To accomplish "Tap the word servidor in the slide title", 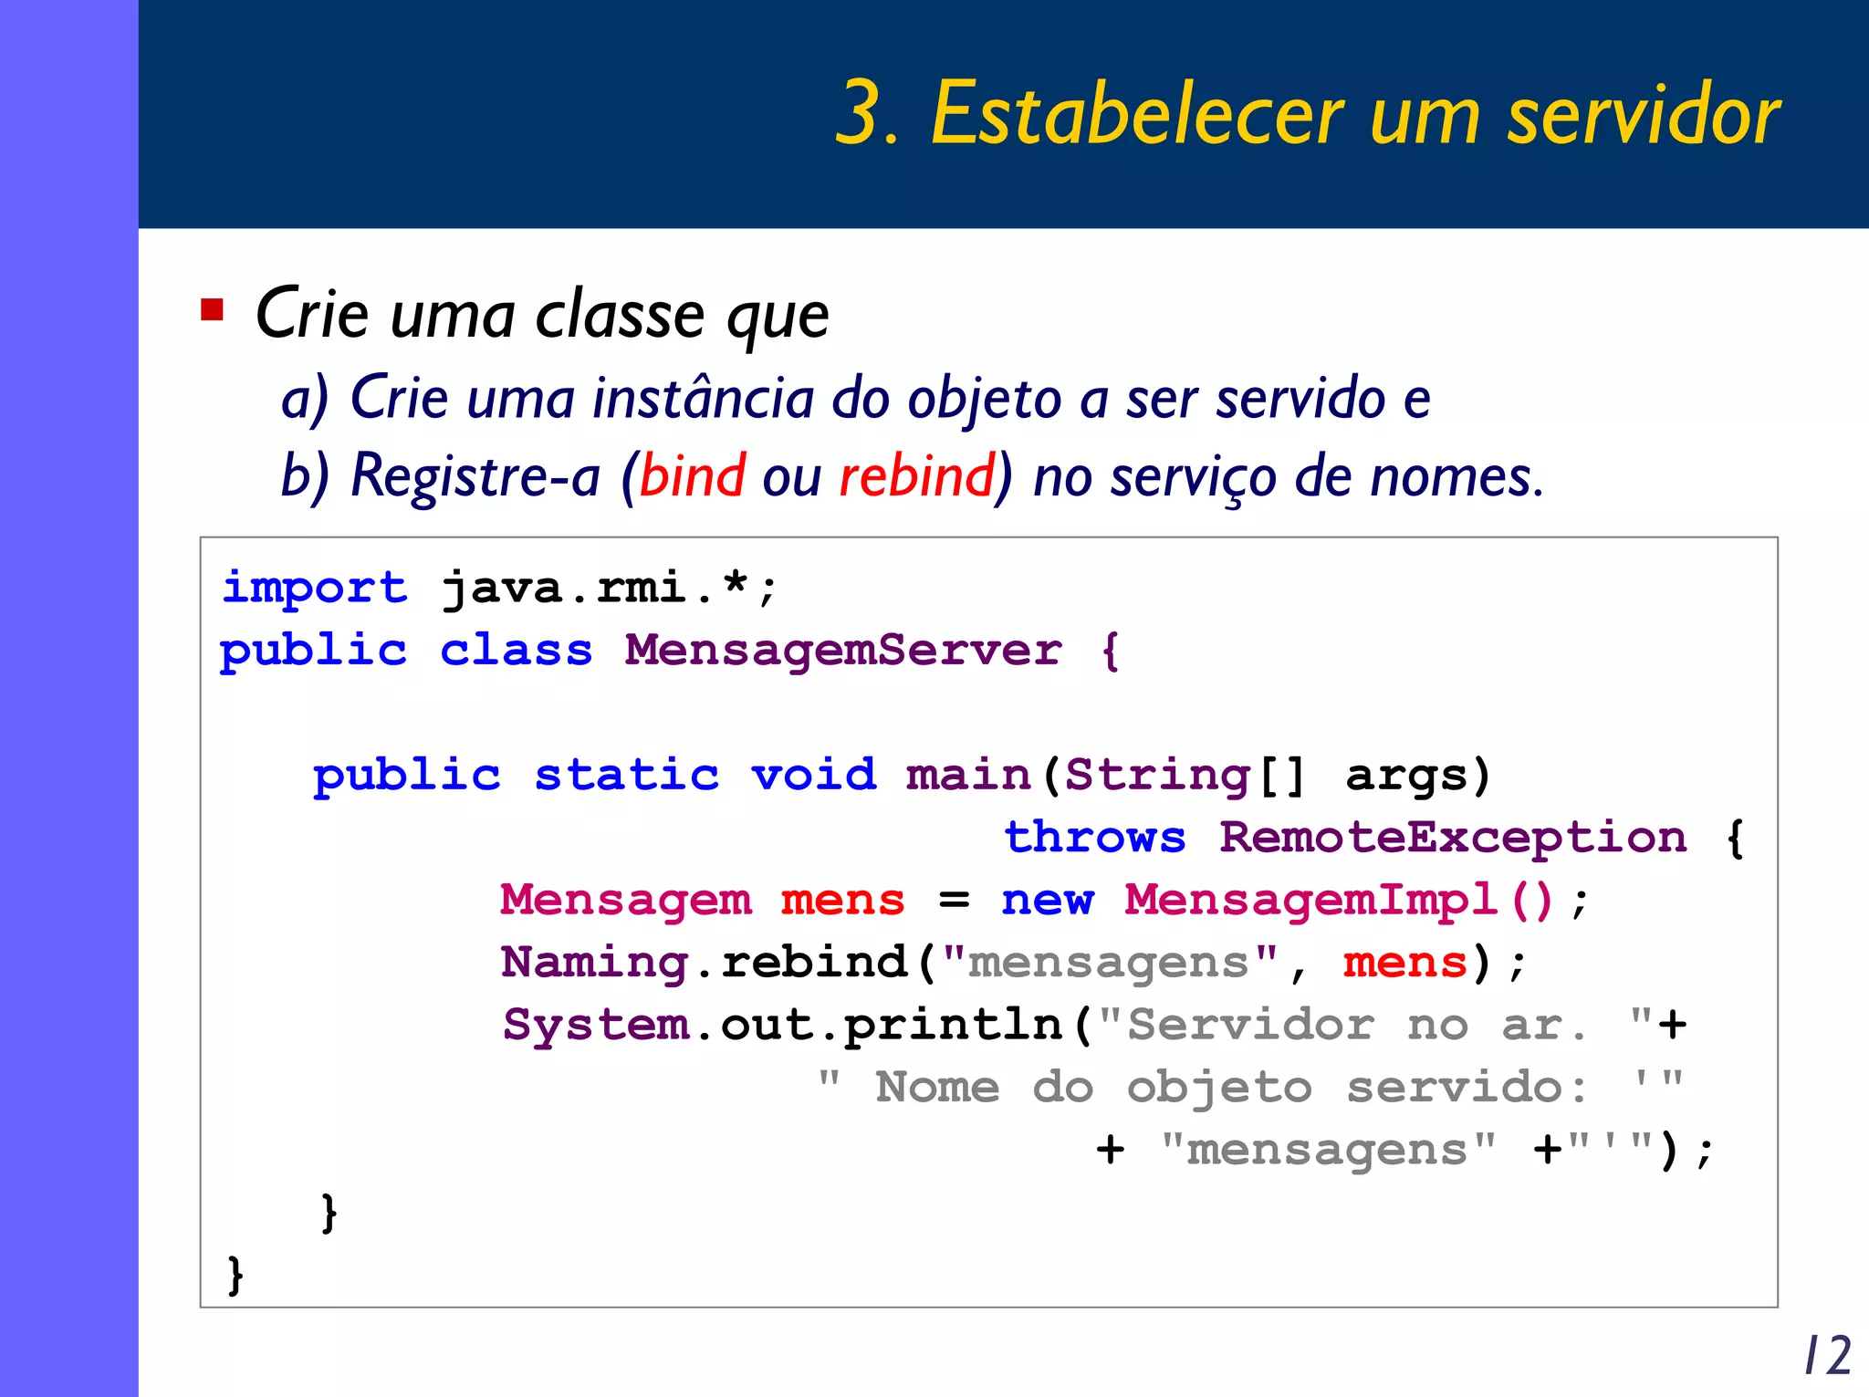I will [x=1643, y=115].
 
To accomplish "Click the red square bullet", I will [x=212, y=310].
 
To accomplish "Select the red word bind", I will [x=692, y=475].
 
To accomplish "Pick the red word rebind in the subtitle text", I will [x=916, y=475].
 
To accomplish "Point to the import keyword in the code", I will [x=314, y=587].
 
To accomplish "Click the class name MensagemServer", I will [x=843, y=651].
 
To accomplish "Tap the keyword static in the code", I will [x=627, y=775].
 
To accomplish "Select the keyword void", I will [x=813, y=775].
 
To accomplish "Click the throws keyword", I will [x=1095, y=838].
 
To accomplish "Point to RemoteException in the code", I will [x=1453, y=838].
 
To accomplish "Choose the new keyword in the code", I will [x=1047, y=900].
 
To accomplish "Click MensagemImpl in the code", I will [x=1310, y=900].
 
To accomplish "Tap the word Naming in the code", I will [x=594, y=963].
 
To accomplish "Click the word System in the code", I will [x=596, y=1025].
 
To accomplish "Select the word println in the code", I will [x=953, y=1025].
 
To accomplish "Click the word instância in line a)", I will [x=703, y=399].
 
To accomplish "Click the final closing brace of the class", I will [x=235, y=1274].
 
